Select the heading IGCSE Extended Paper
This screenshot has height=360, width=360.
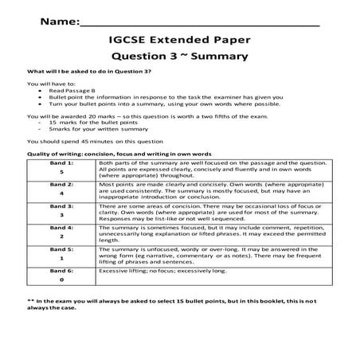click(x=179, y=38)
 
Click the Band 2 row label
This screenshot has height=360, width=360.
click(x=61, y=187)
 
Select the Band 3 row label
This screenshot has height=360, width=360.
click(x=61, y=209)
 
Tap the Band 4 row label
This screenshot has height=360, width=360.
click(x=61, y=231)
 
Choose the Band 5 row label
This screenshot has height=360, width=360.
click(x=61, y=252)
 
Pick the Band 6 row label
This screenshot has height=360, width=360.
click(x=61, y=274)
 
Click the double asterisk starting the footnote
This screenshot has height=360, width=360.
click(x=29, y=299)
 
